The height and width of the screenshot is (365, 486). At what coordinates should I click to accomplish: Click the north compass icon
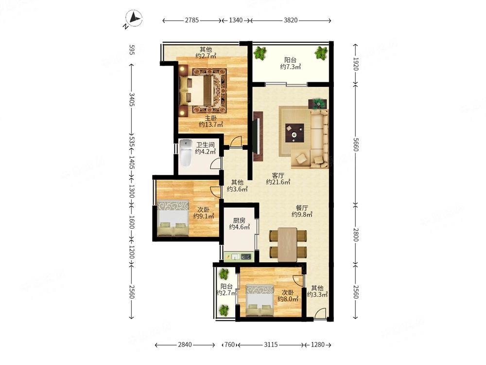tap(134, 18)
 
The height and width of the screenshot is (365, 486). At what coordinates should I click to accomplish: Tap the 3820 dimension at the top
tap(291, 20)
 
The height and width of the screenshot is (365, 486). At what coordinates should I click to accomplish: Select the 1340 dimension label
tap(236, 20)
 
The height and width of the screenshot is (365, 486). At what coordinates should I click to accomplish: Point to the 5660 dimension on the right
tap(356, 145)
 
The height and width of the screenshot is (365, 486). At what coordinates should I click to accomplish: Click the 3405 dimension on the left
tap(132, 99)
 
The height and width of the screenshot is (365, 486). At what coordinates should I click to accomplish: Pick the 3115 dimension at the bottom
tap(271, 345)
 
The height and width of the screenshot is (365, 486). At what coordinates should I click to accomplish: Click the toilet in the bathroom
tap(186, 153)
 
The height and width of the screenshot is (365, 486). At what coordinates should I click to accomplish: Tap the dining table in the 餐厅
tap(288, 245)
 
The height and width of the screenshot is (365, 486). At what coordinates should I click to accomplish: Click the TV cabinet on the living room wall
tap(258, 136)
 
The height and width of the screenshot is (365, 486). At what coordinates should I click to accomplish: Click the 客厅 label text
tap(278, 175)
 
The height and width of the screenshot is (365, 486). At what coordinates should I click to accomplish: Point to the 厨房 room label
tap(239, 220)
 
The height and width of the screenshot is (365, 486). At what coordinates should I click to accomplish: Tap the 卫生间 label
tap(205, 145)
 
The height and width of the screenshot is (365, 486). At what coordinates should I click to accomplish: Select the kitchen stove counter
tap(239, 256)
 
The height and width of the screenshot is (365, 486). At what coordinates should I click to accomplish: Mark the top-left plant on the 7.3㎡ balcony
tap(260, 53)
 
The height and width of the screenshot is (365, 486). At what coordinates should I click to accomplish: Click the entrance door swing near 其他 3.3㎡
tap(320, 313)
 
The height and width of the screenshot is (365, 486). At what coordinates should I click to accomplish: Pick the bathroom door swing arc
tap(215, 163)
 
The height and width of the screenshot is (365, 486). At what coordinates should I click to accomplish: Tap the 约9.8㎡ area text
tap(302, 214)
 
